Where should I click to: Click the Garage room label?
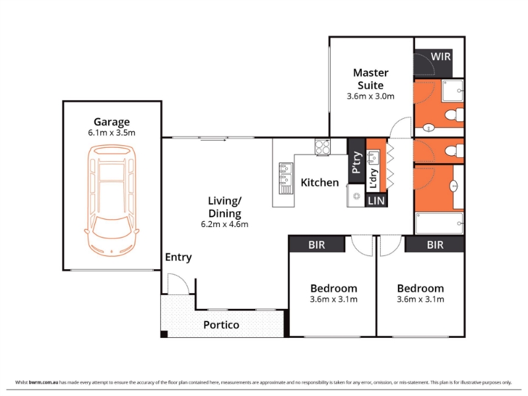[x=112, y=122]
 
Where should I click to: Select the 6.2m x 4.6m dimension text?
[x=224, y=224]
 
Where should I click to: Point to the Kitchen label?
[x=319, y=183]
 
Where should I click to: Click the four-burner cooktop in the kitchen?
[x=322, y=147]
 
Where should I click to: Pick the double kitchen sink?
[x=286, y=178]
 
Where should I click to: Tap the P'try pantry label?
[x=356, y=163]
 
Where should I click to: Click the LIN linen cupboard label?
[x=376, y=201]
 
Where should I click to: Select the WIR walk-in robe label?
[x=440, y=57]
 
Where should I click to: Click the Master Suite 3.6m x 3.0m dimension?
[x=370, y=96]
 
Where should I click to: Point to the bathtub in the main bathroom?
[x=440, y=223]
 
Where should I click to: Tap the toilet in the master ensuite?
[x=455, y=114]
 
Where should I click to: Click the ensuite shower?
[x=453, y=90]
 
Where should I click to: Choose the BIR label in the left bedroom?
[x=317, y=245]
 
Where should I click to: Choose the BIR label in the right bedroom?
[x=435, y=245]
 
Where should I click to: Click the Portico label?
[x=221, y=325]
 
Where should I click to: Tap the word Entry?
[x=178, y=257]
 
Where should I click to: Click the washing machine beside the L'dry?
[x=356, y=195]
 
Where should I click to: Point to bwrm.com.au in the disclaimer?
[x=44, y=383]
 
